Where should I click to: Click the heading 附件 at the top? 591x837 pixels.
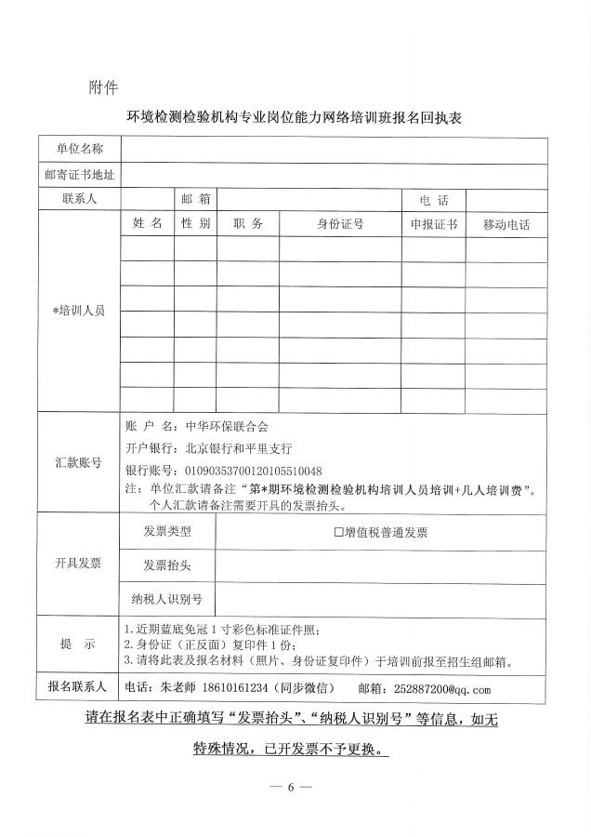[x=103, y=88]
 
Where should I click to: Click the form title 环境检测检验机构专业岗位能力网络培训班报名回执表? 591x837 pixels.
[x=295, y=119]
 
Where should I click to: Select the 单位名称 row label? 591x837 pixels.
[x=79, y=150]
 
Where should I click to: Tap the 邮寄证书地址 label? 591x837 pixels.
[x=79, y=175]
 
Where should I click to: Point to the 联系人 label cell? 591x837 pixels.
[x=79, y=199]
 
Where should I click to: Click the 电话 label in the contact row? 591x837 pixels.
[x=434, y=200]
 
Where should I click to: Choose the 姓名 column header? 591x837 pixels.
[x=147, y=224]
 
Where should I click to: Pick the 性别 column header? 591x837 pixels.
[x=195, y=224]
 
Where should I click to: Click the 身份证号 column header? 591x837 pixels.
[x=340, y=224]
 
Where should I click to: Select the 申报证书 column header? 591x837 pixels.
[x=434, y=224]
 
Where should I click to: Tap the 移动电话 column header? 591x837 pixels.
[x=506, y=225]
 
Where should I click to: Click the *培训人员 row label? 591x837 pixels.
[x=79, y=311]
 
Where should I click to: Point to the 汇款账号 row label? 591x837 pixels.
[x=79, y=462]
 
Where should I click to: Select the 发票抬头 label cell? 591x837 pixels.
[x=167, y=565]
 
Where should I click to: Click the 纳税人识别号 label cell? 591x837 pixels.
[x=167, y=598]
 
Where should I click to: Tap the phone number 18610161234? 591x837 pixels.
[x=224, y=688]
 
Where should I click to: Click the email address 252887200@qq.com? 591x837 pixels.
[x=442, y=689]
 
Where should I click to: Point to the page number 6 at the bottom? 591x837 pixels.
[x=290, y=787]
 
